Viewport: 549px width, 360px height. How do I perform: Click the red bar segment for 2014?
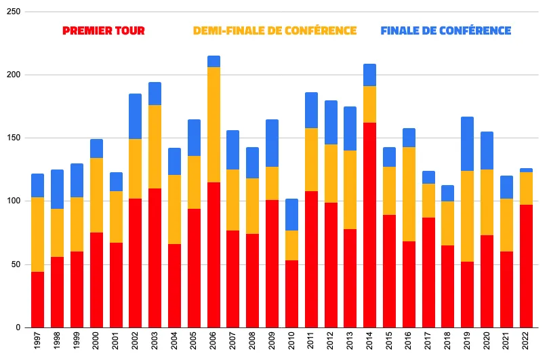pos(369,225)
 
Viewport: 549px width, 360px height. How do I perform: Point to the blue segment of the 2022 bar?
pos(526,170)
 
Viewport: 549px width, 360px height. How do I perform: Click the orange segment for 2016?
pos(409,194)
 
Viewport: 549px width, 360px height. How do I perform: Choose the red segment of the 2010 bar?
pos(291,294)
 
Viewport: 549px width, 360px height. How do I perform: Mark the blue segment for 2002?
pos(135,116)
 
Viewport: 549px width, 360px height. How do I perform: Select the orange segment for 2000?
pos(96,195)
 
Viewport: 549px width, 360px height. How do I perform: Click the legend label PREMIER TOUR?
pos(104,31)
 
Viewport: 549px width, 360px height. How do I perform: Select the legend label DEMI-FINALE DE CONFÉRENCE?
pos(274,31)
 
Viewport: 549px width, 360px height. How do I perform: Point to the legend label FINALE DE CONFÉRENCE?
pos(445,31)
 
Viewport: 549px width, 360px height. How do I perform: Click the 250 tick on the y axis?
pos(13,12)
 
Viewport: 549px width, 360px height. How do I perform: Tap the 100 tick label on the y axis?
pos(13,201)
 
